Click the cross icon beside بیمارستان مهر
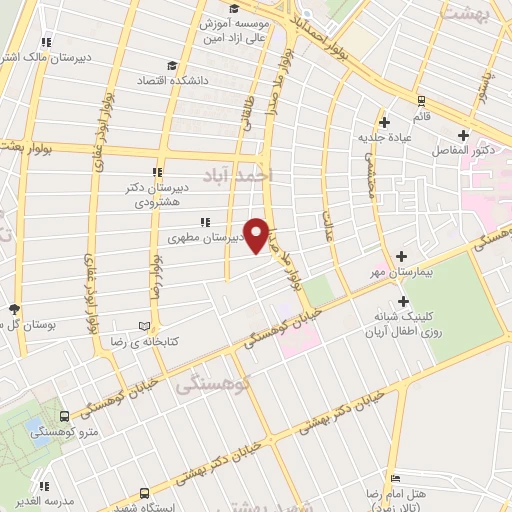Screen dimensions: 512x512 coord(403,256)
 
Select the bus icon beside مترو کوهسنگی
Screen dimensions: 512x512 coord(64,414)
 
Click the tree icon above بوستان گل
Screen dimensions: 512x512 coord(13,309)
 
